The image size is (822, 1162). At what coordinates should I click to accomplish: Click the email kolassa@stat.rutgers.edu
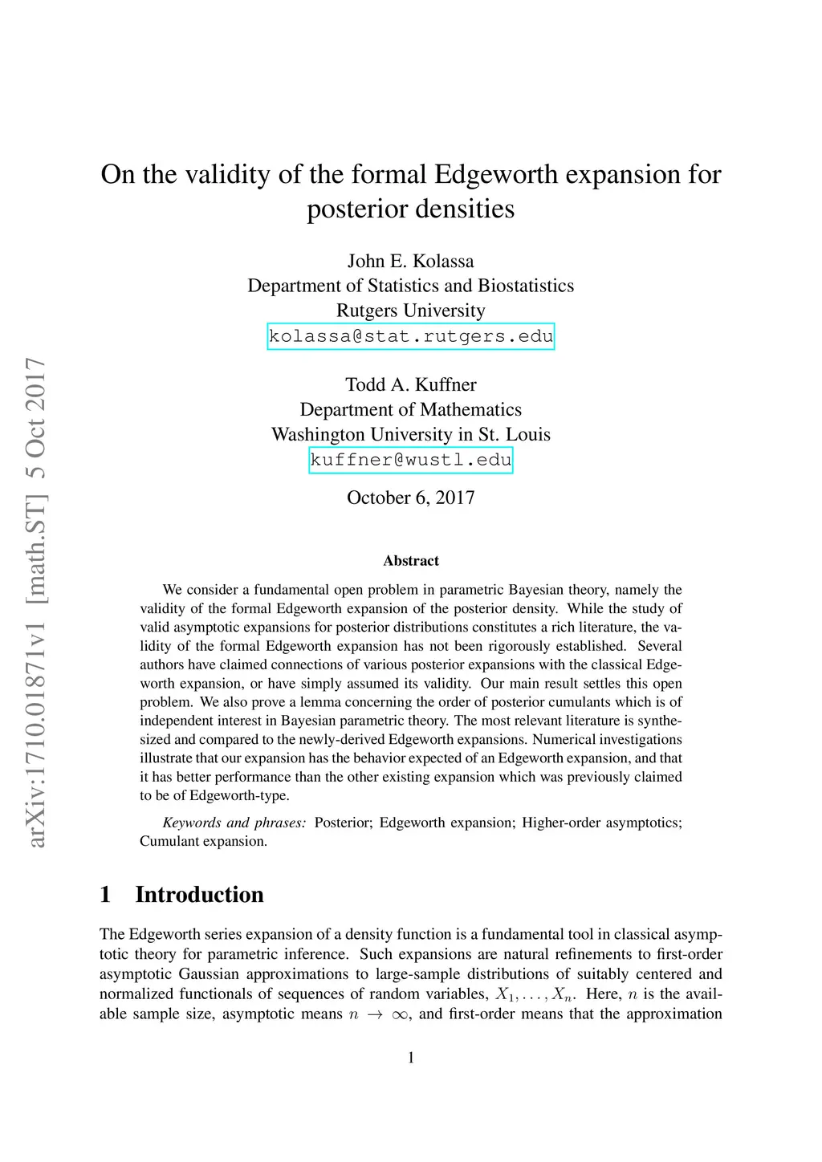click(x=411, y=336)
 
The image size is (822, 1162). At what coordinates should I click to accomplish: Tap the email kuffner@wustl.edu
click(x=411, y=460)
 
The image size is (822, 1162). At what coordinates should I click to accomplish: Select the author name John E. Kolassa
click(x=410, y=261)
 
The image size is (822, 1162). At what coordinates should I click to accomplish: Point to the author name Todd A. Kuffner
click(x=410, y=384)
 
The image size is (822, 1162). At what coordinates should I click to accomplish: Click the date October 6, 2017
click(x=410, y=498)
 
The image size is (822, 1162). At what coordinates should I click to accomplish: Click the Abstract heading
click(x=411, y=561)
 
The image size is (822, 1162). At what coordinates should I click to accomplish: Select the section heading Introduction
click(x=199, y=895)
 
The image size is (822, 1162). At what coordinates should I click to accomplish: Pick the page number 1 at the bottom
click(x=411, y=1058)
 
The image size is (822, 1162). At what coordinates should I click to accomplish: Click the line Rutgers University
click(x=410, y=311)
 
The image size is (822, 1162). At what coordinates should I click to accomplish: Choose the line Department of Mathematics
click(x=410, y=409)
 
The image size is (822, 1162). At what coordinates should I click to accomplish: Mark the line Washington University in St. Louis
click(x=410, y=434)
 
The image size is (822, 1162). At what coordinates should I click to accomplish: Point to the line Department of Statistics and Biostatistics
click(x=410, y=286)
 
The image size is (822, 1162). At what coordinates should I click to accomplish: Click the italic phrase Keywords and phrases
click(x=234, y=823)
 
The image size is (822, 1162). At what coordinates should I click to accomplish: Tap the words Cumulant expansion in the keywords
click(x=203, y=841)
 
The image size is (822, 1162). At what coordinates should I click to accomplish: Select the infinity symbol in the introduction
click(x=399, y=1014)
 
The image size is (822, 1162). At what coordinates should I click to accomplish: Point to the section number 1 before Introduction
click(x=105, y=895)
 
